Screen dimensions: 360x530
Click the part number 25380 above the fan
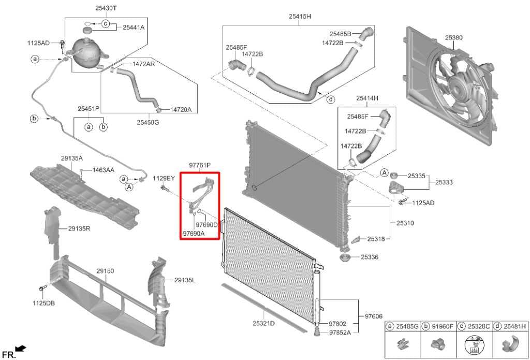click(x=453, y=38)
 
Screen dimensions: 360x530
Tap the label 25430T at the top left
click(x=107, y=8)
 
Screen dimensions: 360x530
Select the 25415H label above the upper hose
click(x=300, y=16)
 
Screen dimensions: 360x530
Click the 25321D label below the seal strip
click(x=263, y=324)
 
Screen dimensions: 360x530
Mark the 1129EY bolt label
click(x=164, y=178)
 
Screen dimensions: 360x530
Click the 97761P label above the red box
click(x=199, y=165)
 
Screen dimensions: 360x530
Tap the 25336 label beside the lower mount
click(x=370, y=256)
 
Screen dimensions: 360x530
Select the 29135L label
click(x=185, y=280)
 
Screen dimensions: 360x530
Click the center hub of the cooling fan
click(x=458, y=84)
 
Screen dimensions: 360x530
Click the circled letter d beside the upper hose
click(x=331, y=99)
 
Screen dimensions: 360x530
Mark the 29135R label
click(x=79, y=228)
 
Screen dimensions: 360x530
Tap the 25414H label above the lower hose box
click(x=367, y=97)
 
